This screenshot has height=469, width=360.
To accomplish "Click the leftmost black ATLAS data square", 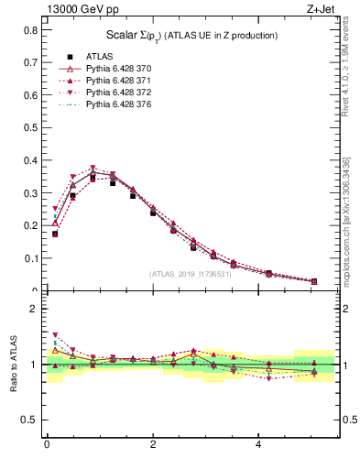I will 55,234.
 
